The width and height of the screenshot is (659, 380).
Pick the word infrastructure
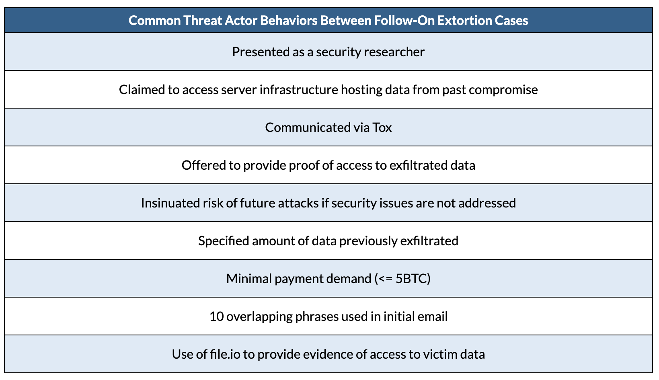(x=299, y=90)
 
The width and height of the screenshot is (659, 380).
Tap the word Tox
(x=382, y=127)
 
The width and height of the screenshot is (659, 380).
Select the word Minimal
(x=249, y=279)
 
